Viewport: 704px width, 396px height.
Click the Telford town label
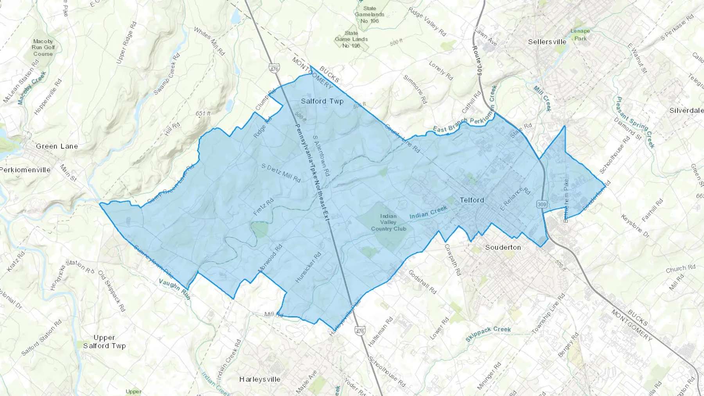click(472, 200)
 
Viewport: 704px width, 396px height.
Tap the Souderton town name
click(503, 247)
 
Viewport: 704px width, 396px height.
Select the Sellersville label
click(547, 42)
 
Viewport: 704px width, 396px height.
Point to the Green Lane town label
click(57, 146)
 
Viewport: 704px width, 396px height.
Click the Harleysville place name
click(260, 379)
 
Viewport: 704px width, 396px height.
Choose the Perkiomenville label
click(25, 170)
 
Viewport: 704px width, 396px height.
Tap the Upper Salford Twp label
click(104, 342)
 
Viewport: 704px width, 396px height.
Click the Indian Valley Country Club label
click(388, 222)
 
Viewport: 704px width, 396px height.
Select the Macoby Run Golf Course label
click(43, 47)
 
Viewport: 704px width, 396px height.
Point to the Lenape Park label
click(580, 34)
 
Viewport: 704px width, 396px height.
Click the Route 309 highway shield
click(542, 204)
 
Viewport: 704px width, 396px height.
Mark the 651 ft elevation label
click(203, 114)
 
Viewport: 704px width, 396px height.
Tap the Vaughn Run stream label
click(174, 289)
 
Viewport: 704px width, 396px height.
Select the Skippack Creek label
click(488, 334)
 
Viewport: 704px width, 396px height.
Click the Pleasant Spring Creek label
click(636, 122)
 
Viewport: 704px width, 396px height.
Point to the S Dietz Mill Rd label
click(281, 173)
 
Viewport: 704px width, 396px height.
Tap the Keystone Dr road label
click(635, 226)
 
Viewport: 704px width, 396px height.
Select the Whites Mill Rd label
click(209, 41)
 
